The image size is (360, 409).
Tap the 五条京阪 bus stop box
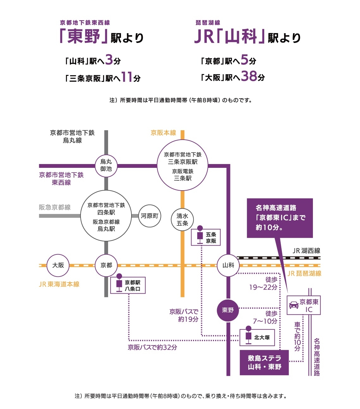tap(205, 237)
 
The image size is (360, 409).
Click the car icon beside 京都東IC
tap(294, 305)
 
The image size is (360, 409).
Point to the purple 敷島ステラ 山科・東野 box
tap(264, 363)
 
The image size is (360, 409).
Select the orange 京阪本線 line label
tap(163, 133)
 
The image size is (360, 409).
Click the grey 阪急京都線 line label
tap(55, 207)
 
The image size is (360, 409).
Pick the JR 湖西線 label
tap(306, 251)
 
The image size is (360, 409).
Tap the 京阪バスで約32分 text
tap(152, 347)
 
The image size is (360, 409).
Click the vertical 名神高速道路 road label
tap(317, 357)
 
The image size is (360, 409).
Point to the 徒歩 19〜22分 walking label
tap(263, 284)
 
